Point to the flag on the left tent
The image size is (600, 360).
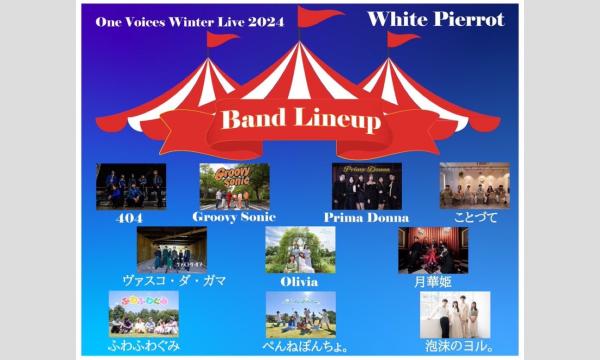218,39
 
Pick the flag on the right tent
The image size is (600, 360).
402,39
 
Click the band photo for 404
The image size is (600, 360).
131,186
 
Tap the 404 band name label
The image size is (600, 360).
130,217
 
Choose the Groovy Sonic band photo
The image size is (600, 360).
234,186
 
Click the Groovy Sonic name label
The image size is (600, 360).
234,217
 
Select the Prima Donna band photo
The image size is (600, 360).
366,186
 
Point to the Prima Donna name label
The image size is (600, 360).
367,217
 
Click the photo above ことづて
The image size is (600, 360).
474,186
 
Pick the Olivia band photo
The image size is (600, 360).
300,249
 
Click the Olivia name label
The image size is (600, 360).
300,281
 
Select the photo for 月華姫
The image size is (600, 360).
433,249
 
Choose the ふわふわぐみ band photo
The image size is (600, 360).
144,314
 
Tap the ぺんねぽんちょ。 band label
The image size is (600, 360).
300,345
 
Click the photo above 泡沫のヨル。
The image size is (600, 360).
455,314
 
